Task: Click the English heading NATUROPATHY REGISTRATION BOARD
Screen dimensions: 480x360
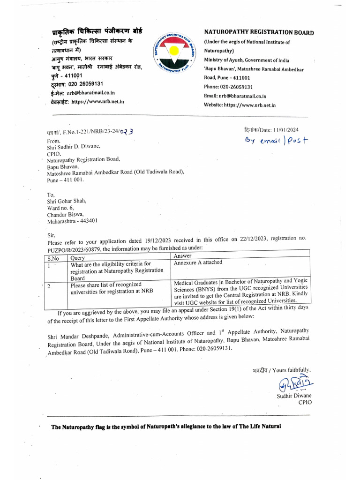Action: [259, 32]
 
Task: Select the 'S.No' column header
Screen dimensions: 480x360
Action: [53, 258]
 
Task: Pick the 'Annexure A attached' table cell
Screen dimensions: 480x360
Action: [198, 262]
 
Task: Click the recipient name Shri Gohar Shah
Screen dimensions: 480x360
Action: [67, 201]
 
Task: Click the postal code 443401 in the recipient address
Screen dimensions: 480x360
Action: [88, 220]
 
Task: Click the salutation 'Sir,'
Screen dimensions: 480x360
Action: [52, 234]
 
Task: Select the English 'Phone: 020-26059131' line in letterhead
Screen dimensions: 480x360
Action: [228, 87]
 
